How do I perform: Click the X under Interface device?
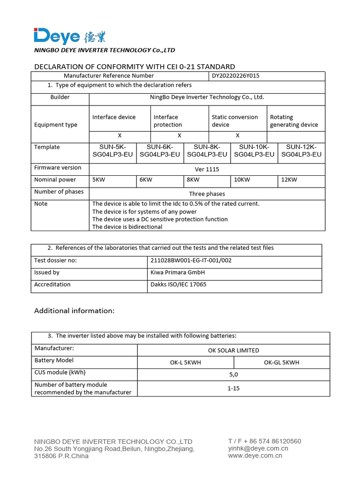click(x=120, y=135)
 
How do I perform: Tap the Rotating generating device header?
click(x=294, y=121)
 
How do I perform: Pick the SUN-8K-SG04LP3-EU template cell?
click(x=207, y=150)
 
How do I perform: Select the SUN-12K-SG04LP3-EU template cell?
click(x=301, y=150)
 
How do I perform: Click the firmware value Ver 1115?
click(x=207, y=169)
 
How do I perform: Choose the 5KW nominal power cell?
click(x=99, y=180)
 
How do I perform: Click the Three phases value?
click(x=207, y=194)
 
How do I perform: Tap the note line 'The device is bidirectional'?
click(x=127, y=227)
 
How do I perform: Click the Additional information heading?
click(x=75, y=311)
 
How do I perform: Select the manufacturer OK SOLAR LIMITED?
click(x=233, y=350)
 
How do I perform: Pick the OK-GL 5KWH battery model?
click(x=281, y=362)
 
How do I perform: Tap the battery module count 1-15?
click(x=233, y=388)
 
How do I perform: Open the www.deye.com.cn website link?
click(x=255, y=456)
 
